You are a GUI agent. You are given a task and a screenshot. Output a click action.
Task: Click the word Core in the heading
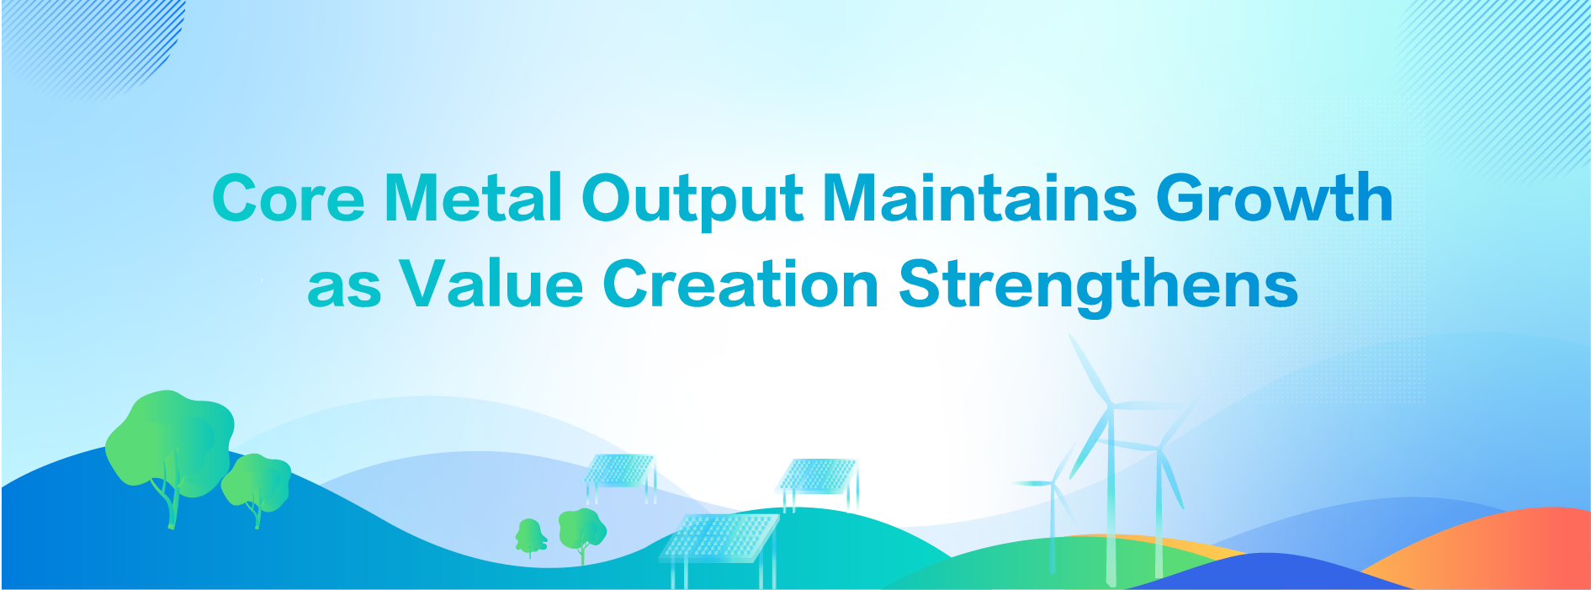289,198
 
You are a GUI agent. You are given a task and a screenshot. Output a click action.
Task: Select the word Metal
473,198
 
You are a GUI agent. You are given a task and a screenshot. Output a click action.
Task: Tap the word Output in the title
692,200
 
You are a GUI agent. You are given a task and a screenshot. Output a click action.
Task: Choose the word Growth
1275,198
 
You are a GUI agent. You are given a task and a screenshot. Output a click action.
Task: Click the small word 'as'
344,287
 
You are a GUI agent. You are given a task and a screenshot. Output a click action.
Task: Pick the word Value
491,284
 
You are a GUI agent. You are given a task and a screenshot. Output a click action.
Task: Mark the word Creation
741,284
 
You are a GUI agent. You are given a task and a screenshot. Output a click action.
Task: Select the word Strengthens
1098,287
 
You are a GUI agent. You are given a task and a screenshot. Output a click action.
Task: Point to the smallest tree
530,539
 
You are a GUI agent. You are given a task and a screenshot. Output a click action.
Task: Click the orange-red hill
1489,547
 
